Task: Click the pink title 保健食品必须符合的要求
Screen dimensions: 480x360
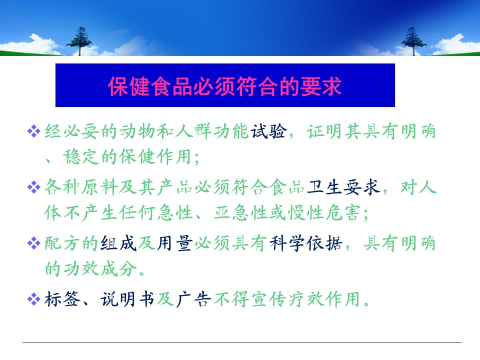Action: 225,86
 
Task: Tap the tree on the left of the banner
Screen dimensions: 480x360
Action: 79,41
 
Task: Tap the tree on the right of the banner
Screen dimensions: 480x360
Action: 413,41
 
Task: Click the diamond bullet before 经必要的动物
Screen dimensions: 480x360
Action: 33,131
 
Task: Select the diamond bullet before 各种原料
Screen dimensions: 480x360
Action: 33,187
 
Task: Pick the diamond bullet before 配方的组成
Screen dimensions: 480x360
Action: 33,243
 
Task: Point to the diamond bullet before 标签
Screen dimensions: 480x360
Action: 33,299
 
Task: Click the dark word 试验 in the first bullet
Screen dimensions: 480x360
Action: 269,131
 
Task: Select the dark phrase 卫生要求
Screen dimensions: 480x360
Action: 343,187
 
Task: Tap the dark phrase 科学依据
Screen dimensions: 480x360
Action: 306,243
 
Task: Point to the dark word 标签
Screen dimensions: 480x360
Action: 62,299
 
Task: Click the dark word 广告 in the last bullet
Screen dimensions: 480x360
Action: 193,299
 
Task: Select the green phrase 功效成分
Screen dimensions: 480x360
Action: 100,268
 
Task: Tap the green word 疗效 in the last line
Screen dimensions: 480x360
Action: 306,299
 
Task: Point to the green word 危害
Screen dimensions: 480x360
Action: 343,212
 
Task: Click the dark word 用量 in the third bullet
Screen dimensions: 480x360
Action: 175,243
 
